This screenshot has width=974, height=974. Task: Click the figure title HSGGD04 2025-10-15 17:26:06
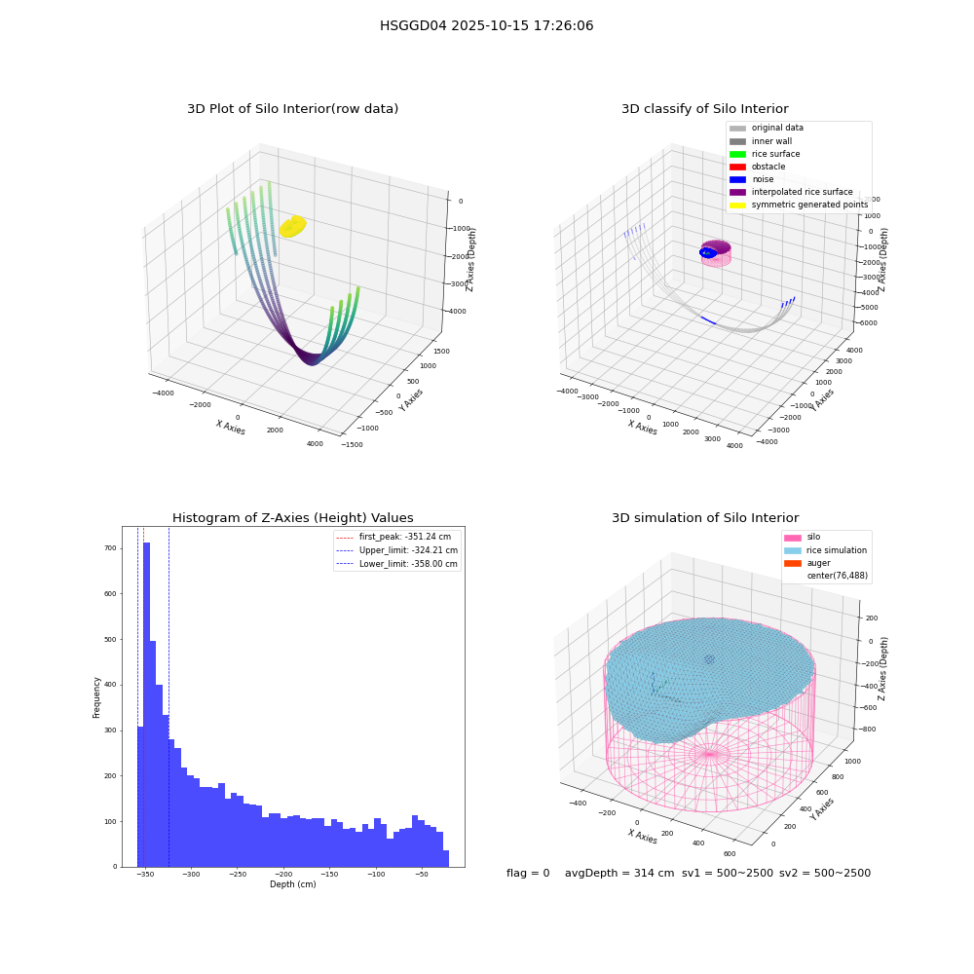(486, 25)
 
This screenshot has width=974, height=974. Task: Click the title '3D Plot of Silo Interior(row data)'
(292, 109)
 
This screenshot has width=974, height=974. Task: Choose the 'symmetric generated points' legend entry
(799, 205)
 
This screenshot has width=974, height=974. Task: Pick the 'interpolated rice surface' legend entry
(791, 192)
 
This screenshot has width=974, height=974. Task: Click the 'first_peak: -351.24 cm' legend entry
(393, 537)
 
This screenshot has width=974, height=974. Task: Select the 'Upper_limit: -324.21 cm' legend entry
(396, 550)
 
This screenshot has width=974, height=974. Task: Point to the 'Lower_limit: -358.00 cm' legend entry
(396, 564)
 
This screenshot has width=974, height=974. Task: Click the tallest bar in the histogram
(147, 704)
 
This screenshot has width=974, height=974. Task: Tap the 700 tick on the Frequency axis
(110, 548)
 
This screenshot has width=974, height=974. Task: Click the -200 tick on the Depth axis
(283, 874)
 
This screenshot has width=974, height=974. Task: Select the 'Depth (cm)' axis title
(292, 884)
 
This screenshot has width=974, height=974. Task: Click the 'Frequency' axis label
(96, 697)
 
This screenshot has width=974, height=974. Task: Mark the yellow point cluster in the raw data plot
(292, 227)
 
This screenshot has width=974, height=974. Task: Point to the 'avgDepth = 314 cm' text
(619, 873)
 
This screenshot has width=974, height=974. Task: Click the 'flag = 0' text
(528, 873)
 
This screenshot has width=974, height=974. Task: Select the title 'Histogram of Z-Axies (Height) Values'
(292, 518)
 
